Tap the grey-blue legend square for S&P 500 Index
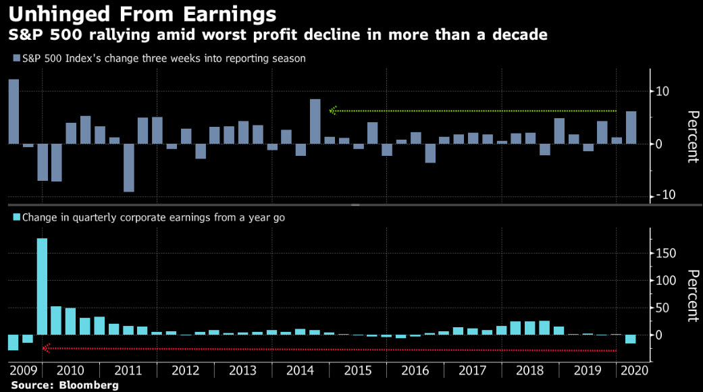click(x=16, y=59)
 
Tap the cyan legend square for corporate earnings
click(x=16, y=218)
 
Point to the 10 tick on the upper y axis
click(x=665, y=92)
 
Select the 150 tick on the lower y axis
click(x=668, y=253)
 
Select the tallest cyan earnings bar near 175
click(x=42, y=286)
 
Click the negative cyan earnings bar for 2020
click(x=631, y=339)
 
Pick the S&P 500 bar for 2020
click(x=631, y=128)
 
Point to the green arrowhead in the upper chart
click(x=332, y=111)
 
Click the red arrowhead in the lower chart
click(x=46, y=348)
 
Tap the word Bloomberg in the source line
click(x=88, y=385)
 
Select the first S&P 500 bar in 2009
click(x=14, y=111)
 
